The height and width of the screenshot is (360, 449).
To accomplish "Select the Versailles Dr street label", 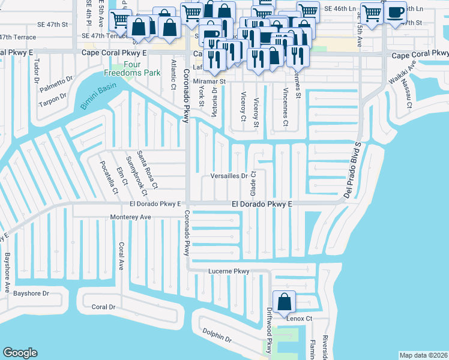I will click(229, 176).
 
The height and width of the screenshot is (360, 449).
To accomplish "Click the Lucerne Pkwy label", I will click(228, 272).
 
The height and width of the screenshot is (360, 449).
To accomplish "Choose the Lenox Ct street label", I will click(301, 319).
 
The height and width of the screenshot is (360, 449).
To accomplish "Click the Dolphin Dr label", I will click(217, 334).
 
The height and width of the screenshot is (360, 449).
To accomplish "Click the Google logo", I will click(20, 352).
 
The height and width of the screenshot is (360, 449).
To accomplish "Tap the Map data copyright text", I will click(423, 355).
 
